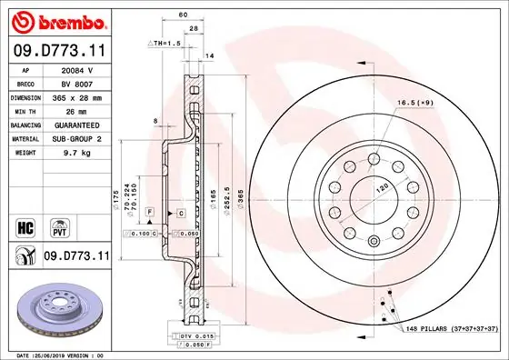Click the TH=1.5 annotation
[165, 43]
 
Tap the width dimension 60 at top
[183, 15]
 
